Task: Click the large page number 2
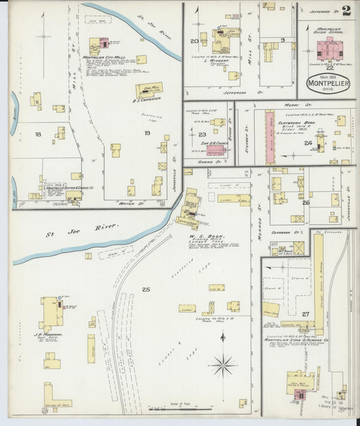tap(346, 10)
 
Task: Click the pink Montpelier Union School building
tap(328, 48)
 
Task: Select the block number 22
tap(329, 68)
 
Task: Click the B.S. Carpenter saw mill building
tap(148, 90)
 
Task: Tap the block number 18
tap(38, 135)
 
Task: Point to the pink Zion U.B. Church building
tap(218, 122)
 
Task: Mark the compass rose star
tap(222, 365)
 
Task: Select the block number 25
tap(146, 289)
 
